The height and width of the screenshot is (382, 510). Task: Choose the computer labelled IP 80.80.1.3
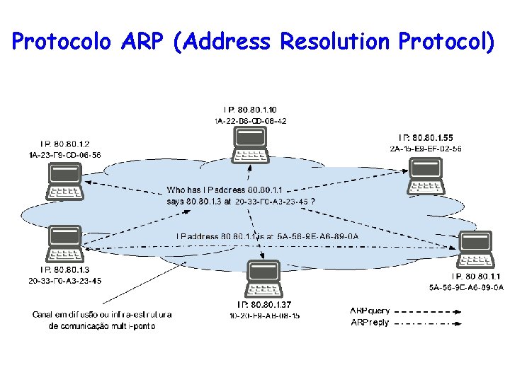point(64,244)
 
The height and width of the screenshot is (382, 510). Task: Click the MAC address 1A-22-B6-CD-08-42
point(251,121)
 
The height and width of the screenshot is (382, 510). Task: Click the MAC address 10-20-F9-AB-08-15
point(263,316)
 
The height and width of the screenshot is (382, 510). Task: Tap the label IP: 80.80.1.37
point(264,305)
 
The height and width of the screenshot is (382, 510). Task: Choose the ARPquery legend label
point(370,310)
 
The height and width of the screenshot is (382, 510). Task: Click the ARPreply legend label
point(370,323)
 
